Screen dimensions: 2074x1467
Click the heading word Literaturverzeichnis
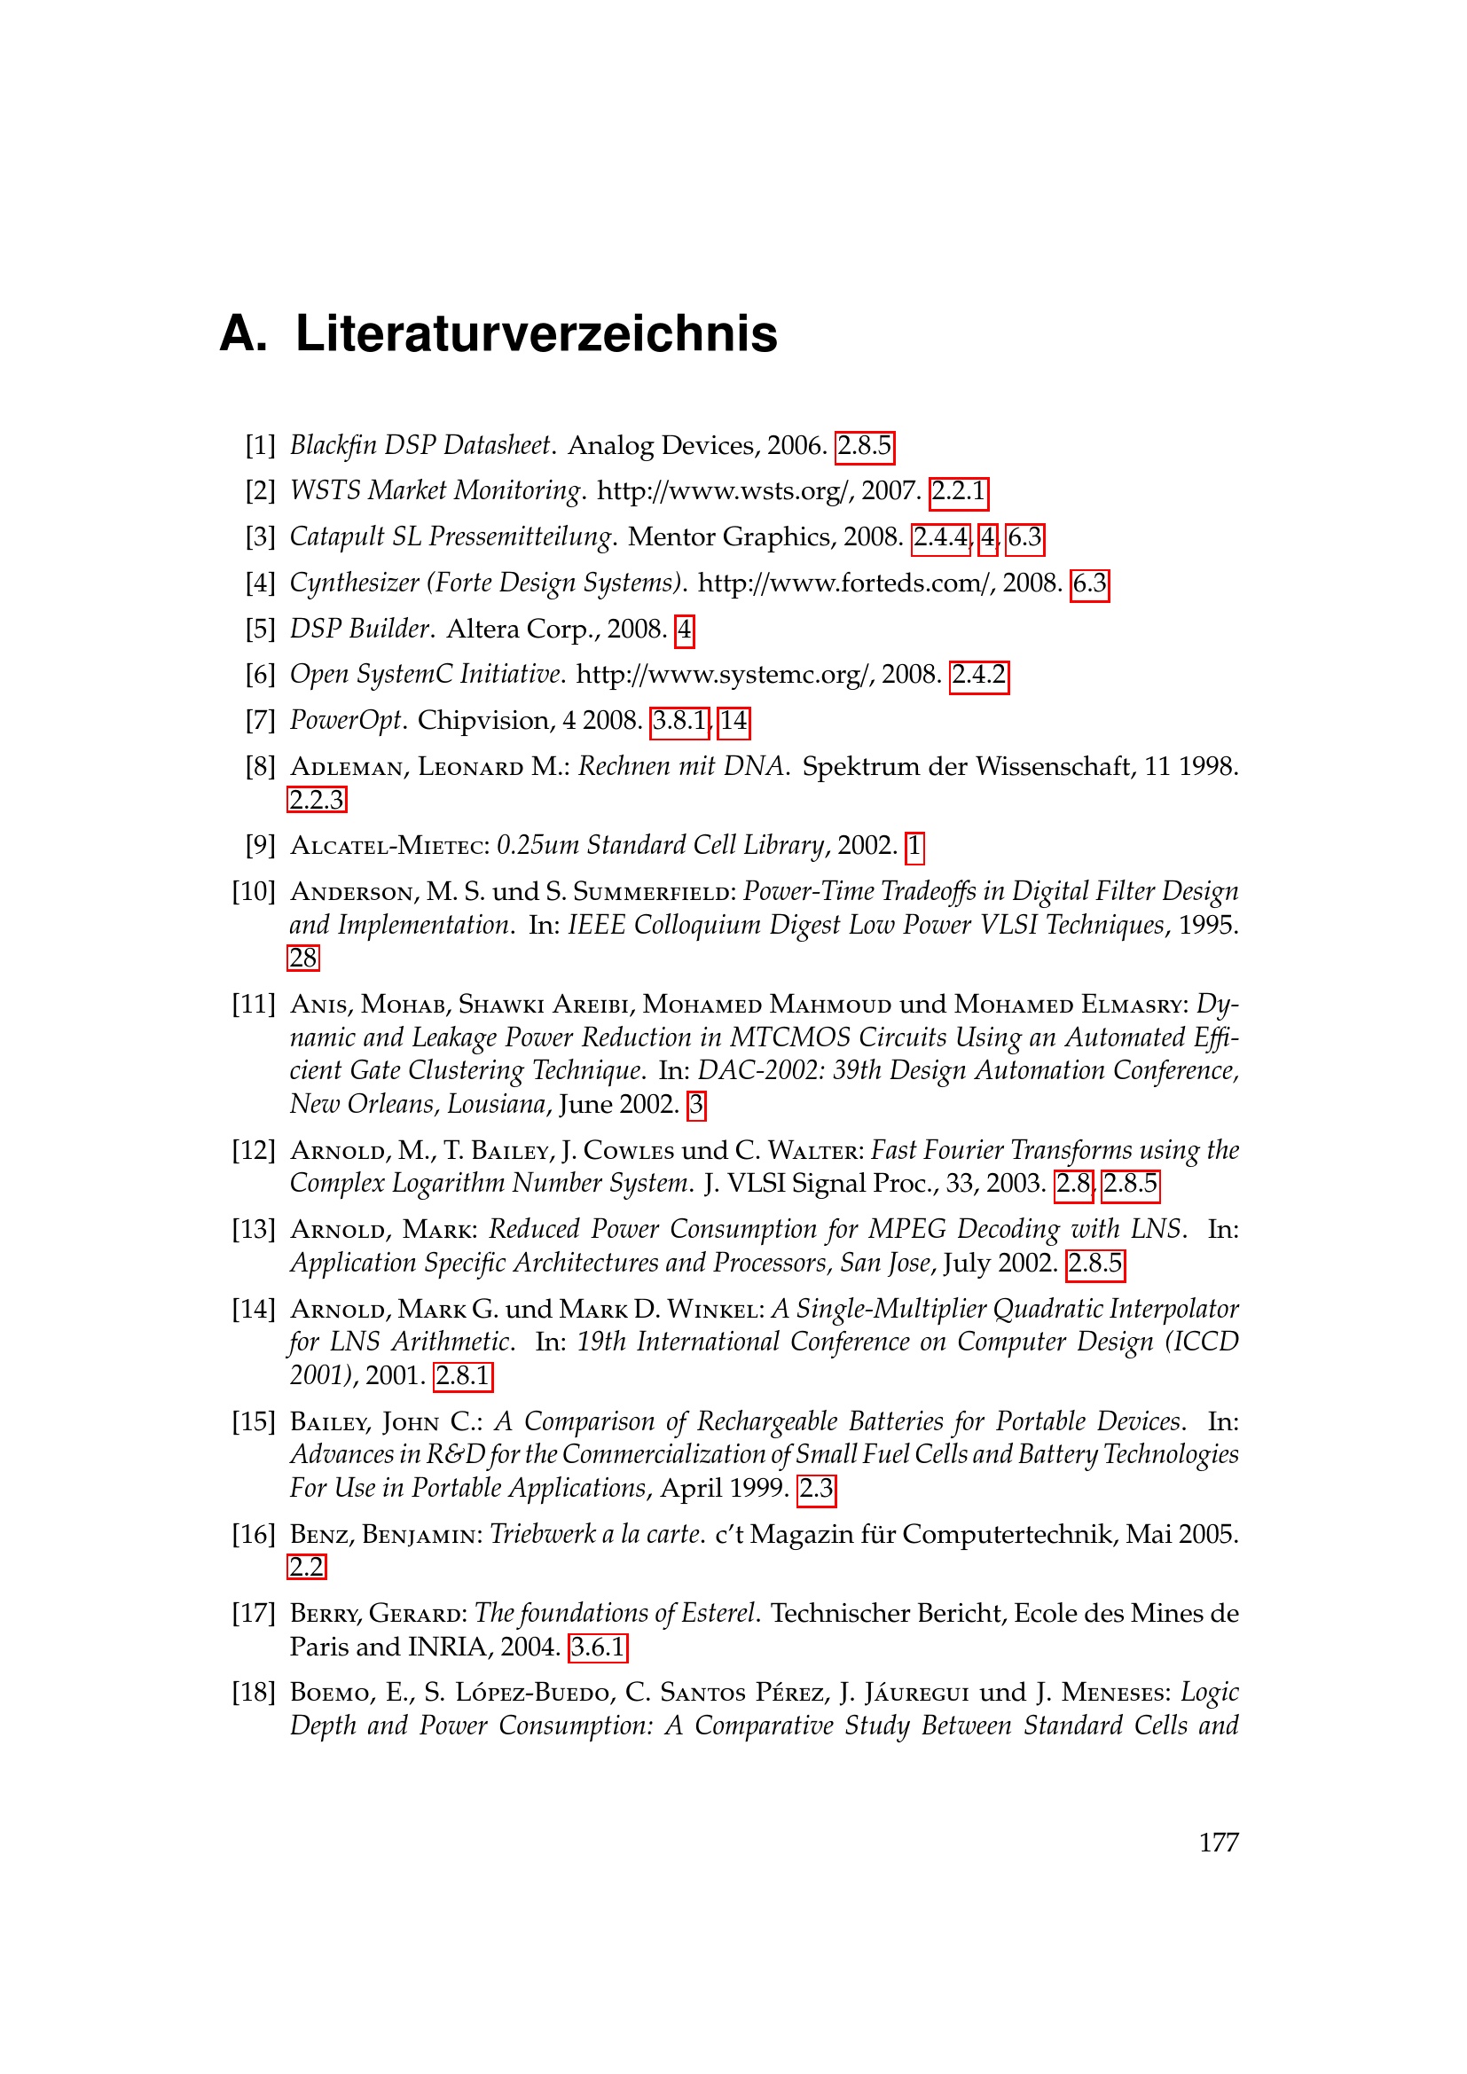click(x=536, y=334)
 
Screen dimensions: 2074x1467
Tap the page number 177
click(x=1218, y=1843)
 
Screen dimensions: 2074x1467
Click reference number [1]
click(x=260, y=445)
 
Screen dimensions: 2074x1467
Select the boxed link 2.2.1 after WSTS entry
click(x=959, y=491)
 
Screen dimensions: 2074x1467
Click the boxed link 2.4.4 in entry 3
click(x=940, y=537)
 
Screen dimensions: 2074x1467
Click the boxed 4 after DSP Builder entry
click(x=685, y=630)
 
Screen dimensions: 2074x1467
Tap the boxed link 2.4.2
click(x=978, y=676)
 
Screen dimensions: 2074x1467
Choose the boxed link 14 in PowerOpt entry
click(x=733, y=721)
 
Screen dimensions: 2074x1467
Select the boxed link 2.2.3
click(x=316, y=800)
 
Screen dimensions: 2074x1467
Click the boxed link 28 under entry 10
click(x=303, y=958)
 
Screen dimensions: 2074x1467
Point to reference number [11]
click(x=254, y=1004)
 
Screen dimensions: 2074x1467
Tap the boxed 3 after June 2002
click(x=695, y=1104)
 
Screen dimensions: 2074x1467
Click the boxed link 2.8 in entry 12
click(x=1073, y=1184)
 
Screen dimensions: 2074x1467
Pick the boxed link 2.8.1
click(x=462, y=1376)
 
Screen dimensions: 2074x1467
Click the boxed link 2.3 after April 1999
click(x=817, y=1488)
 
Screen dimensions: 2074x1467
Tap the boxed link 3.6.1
click(x=597, y=1647)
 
